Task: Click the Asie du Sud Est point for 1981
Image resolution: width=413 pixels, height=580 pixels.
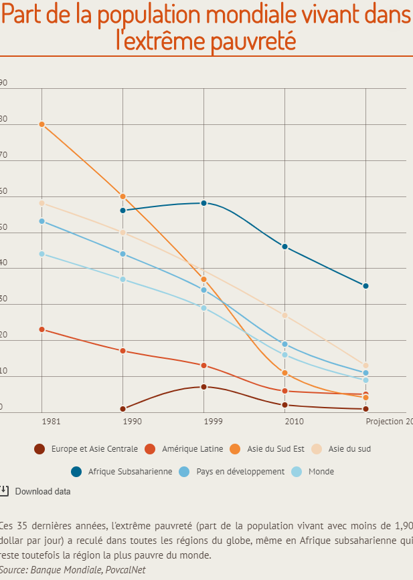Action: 42,124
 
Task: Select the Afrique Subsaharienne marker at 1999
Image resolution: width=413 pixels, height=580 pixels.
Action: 204,203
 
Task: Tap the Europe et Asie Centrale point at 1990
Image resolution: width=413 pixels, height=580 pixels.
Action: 123,409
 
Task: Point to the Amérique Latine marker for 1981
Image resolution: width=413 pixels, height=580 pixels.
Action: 42,329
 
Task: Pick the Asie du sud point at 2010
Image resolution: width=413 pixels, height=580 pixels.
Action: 285,315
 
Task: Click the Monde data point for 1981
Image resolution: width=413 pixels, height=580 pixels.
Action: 42,254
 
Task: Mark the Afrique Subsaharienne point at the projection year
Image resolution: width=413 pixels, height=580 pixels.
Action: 366,286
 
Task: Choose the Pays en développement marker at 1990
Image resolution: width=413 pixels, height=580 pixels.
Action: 123,254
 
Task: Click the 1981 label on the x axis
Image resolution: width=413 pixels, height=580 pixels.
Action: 50,422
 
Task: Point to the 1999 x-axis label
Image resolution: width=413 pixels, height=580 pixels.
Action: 213,422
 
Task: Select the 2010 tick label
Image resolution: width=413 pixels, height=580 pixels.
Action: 294,422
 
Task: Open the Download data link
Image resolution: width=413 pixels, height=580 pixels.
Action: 43,492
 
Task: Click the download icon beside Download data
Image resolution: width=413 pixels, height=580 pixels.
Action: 4,491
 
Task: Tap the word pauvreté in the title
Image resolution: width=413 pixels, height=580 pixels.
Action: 254,41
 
